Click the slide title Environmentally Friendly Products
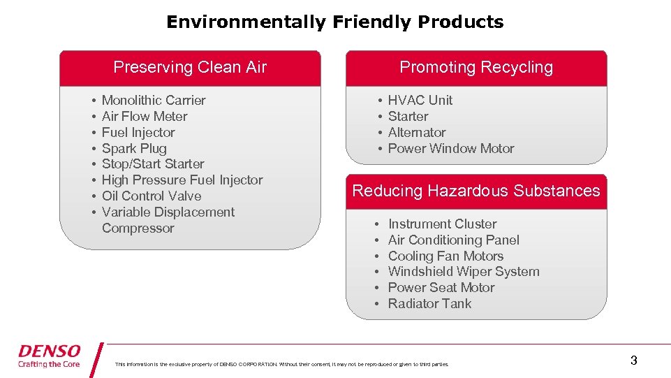334,22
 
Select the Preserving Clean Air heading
190,67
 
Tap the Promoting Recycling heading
476,67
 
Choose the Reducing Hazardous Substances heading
476,191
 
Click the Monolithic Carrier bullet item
154,101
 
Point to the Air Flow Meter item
145,117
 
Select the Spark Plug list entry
134,148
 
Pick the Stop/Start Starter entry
153,164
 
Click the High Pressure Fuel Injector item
182,180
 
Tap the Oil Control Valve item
152,196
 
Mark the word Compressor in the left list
138,228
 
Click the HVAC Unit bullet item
420,101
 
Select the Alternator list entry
417,133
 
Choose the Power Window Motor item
450,149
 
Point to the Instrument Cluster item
442,224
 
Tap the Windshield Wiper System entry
464,272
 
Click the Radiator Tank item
429,304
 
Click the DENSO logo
50,355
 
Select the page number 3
633,361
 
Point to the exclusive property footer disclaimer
282,364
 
